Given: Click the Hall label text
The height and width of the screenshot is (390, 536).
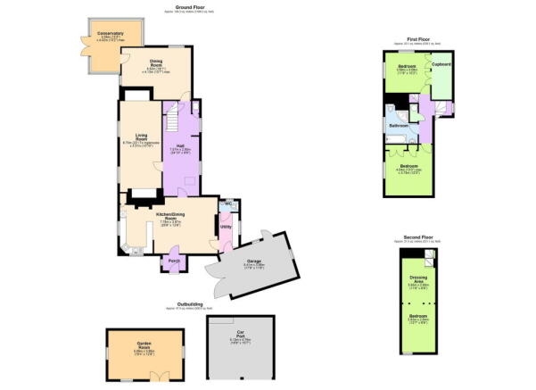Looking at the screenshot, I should pyautogui.click(x=179, y=145).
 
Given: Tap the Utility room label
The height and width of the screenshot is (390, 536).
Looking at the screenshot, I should pyautogui.click(x=227, y=228).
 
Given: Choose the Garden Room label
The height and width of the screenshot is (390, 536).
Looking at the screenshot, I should pyautogui.click(x=142, y=344).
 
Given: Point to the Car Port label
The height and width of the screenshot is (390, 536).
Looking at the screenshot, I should pyautogui.click(x=241, y=334).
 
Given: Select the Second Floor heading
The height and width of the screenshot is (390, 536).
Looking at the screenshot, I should pyautogui.click(x=412, y=237).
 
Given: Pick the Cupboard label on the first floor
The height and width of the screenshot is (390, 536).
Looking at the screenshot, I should pyautogui.click(x=441, y=64).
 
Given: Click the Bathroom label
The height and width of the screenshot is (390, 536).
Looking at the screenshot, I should pyautogui.click(x=398, y=126).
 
